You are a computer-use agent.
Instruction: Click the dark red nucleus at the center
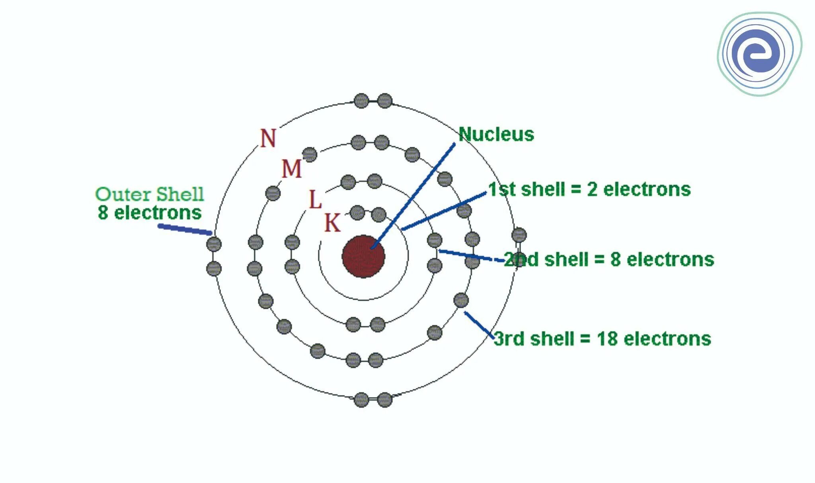tap(363, 257)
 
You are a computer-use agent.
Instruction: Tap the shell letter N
tap(268, 138)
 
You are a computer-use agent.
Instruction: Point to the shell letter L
tap(315, 200)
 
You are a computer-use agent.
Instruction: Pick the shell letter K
tap(332, 223)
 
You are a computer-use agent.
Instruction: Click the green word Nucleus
tap(496, 134)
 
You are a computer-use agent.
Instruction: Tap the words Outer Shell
tap(150, 195)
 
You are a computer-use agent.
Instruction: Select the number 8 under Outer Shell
tap(103, 212)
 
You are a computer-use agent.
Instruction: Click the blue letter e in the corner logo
tap(758, 54)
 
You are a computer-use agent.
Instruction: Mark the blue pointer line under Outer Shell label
tap(185, 230)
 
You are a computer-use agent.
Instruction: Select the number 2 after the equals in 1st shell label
tap(592, 189)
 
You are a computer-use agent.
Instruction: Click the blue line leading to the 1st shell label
tap(444, 211)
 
